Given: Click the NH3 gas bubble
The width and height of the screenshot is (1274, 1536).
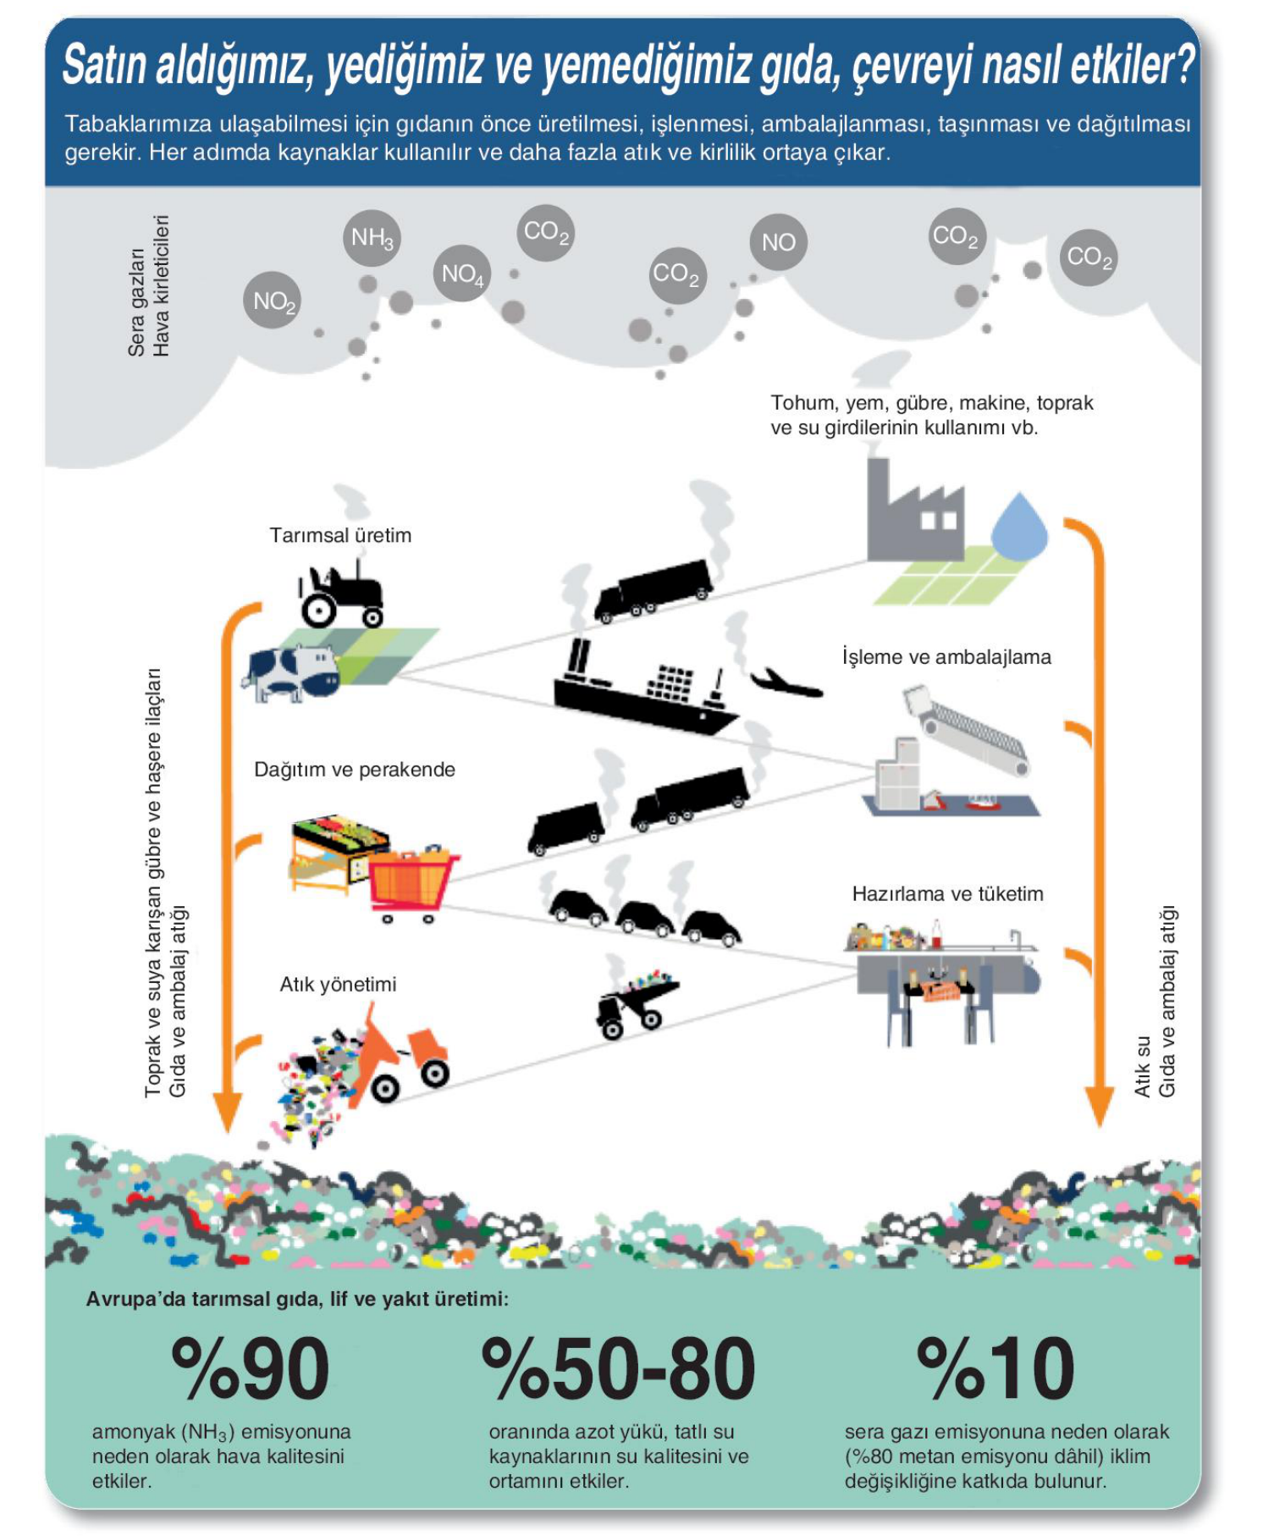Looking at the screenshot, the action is coord(372,238).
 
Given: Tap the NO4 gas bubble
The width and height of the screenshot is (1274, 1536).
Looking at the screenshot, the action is coord(462,273).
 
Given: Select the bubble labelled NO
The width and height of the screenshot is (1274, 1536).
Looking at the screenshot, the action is coord(778,242).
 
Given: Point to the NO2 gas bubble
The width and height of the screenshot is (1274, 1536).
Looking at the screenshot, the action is coord(273,301).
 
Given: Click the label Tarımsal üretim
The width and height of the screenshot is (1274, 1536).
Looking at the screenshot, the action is coord(340,535).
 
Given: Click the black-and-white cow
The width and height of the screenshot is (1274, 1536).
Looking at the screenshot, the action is coord(290,673).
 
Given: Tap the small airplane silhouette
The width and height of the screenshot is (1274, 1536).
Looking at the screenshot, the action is coord(786,682).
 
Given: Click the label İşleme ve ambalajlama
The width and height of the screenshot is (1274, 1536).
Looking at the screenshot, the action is coord(946,657).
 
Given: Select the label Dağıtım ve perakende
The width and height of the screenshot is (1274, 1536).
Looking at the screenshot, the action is coord(355,770).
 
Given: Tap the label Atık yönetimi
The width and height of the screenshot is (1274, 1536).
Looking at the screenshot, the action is coord(338,984).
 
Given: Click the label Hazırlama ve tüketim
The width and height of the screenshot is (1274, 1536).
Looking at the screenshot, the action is coord(947,893).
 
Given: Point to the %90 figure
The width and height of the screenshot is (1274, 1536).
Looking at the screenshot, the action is coord(251,1367).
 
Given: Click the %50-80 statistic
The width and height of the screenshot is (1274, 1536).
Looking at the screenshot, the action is coord(618,1367).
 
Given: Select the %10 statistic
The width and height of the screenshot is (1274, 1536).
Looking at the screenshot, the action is coord(996,1367).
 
